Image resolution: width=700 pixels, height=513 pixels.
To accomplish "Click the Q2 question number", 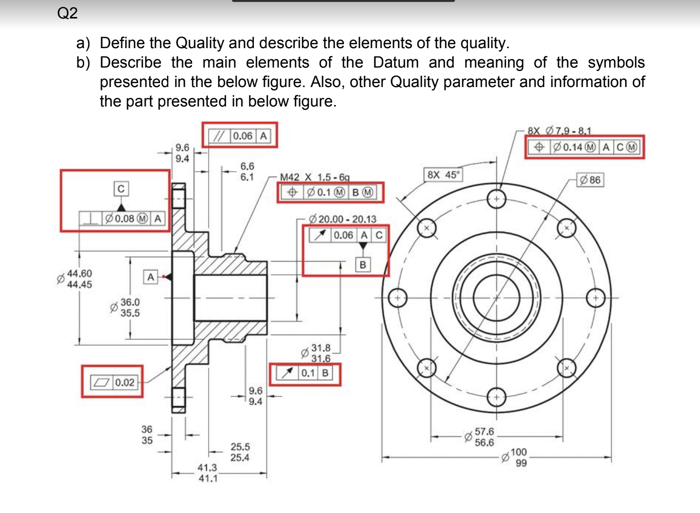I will tap(67, 13).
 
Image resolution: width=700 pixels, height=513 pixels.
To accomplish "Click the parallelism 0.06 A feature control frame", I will tap(239, 136).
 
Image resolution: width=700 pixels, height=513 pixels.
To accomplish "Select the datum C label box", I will tap(121, 188).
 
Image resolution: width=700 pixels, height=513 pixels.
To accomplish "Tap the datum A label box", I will tap(151, 277).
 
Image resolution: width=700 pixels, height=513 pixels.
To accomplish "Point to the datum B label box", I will tap(362, 265).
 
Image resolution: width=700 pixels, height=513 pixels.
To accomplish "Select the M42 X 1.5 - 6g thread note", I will tap(315, 177).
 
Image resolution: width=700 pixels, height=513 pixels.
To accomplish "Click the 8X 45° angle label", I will tap(443, 175).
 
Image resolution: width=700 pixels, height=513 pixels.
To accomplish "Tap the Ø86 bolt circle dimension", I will tap(590, 180).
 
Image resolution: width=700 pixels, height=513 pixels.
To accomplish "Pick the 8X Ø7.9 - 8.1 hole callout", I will tap(560, 130).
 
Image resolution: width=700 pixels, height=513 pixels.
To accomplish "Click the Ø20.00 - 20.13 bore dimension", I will tap(342, 219).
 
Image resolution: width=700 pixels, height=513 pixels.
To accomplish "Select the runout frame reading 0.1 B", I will tap(305, 373).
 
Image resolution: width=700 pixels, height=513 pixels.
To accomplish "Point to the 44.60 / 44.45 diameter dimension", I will tap(79, 279).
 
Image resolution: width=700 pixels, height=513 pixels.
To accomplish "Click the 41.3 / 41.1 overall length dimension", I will tap(207, 473).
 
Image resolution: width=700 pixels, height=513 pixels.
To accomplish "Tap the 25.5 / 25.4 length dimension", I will tap(240, 452).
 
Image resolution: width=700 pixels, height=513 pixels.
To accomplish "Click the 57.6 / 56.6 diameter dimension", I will tap(483, 437).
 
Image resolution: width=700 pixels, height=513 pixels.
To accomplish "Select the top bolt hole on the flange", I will tap(496, 199).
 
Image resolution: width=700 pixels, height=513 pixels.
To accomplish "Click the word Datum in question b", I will tap(395, 62).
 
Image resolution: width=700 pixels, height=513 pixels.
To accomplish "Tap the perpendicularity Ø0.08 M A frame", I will tap(122, 219).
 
